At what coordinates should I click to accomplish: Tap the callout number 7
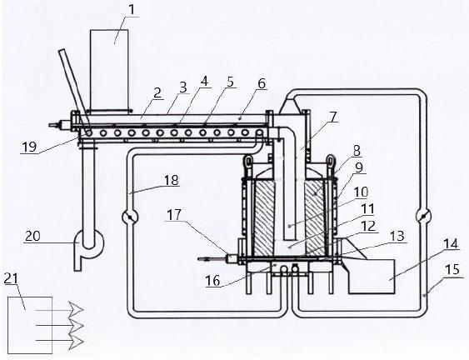point(333,116)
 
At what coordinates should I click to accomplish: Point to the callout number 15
point(452,270)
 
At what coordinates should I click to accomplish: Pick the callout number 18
point(171,180)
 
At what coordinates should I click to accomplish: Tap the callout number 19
point(29,147)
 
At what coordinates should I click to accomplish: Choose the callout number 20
point(32,236)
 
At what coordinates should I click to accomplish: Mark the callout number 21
point(11,278)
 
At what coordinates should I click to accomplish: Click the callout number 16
point(212,281)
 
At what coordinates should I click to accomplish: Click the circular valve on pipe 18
point(129,216)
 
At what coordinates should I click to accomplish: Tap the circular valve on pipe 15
point(423,216)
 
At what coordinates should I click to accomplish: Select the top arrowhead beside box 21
point(76,310)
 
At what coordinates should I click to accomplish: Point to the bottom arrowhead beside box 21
point(76,341)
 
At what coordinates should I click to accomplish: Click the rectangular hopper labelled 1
point(109,69)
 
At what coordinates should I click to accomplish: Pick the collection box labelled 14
point(372,276)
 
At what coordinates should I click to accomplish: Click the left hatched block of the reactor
point(265,218)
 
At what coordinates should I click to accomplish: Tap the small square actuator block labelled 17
point(232,258)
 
